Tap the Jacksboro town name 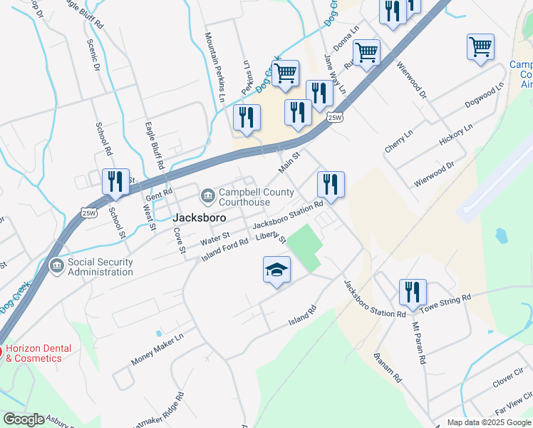point(200,218)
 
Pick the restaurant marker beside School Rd point(115,182)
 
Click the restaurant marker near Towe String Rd point(413,292)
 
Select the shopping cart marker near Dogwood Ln point(481,47)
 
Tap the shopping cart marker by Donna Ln point(366,52)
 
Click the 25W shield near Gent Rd point(88,213)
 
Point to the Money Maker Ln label point(157,348)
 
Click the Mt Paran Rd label point(419,343)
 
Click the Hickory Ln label point(456,135)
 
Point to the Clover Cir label point(507,379)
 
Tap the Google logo point(24,419)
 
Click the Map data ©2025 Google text point(488,422)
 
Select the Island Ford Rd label point(224,246)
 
